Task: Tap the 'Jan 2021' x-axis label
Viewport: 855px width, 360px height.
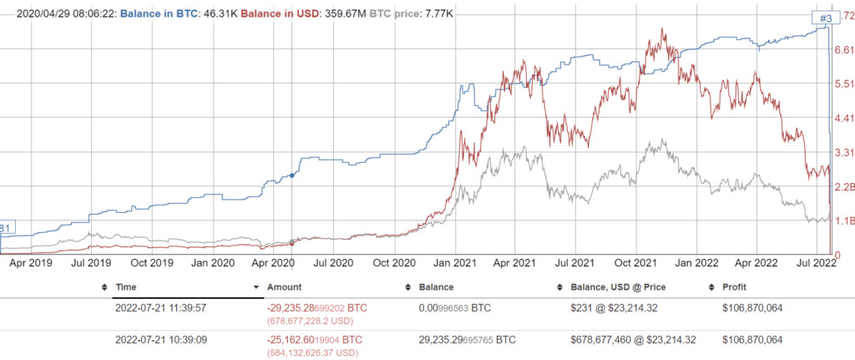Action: click(x=454, y=262)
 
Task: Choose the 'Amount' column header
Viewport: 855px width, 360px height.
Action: click(x=285, y=286)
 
